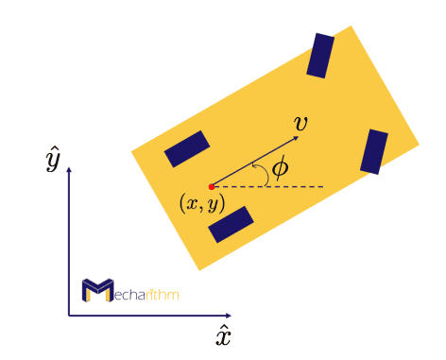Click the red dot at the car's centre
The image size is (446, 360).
pos(212,186)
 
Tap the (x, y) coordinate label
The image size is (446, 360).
pos(202,202)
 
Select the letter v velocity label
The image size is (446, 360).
pos(300,124)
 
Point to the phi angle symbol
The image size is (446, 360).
pos(280,169)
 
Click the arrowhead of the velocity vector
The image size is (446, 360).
pos(296,137)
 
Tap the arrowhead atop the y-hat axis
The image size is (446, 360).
pos(69,171)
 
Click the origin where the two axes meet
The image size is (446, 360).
pos(69,315)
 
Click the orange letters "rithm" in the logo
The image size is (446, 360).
pos(162,293)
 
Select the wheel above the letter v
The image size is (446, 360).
pos(320,56)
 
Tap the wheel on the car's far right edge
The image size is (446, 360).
pos(374,152)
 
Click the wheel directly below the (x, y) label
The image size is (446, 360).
pos(231,225)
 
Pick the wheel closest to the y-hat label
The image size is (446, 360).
pos(186,148)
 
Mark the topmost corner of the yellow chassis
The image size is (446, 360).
pos(352,26)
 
